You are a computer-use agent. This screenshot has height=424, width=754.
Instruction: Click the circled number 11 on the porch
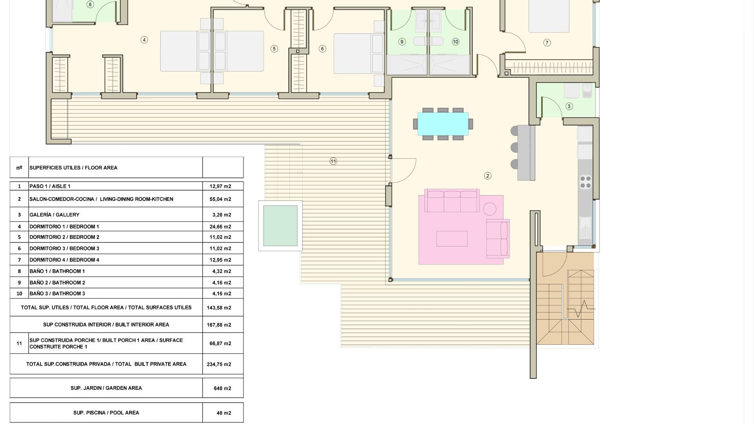click(x=333, y=161)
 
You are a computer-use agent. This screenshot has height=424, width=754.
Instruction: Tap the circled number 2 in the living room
click(x=488, y=176)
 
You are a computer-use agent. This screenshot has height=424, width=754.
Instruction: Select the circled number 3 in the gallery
click(x=569, y=106)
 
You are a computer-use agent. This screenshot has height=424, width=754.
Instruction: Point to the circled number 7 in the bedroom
click(x=547, y=43)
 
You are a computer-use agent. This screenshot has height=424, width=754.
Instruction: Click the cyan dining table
click(x=443, y=124)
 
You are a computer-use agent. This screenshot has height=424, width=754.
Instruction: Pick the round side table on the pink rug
click(x=490, y=209)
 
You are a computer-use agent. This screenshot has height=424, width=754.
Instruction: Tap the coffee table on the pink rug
click(x=452, y=239)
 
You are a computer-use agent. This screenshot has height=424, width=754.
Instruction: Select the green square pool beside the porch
click(x=280, y=226)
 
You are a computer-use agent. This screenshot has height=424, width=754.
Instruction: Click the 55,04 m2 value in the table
click(x=220, y=199)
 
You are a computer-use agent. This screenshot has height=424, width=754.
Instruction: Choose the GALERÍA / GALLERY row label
click(x=55, y=215)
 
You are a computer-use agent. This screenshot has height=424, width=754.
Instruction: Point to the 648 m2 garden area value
click(x=222, y=388)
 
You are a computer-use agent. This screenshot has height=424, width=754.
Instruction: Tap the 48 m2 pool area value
click(x=224, y=413)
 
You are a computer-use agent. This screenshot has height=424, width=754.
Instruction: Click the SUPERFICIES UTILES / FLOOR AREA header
click(x=73, y=168)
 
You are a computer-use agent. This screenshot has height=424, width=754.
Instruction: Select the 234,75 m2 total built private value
click(x=219, y=364)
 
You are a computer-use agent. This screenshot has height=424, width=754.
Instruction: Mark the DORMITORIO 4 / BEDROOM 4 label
click(x=64, y=260)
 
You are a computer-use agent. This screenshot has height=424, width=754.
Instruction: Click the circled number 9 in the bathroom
click(x=402, y=42)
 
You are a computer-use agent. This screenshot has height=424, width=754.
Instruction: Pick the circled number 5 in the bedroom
click(x=274, y=49)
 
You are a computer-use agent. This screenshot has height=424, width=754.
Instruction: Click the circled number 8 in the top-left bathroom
click(x=90, y=5)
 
